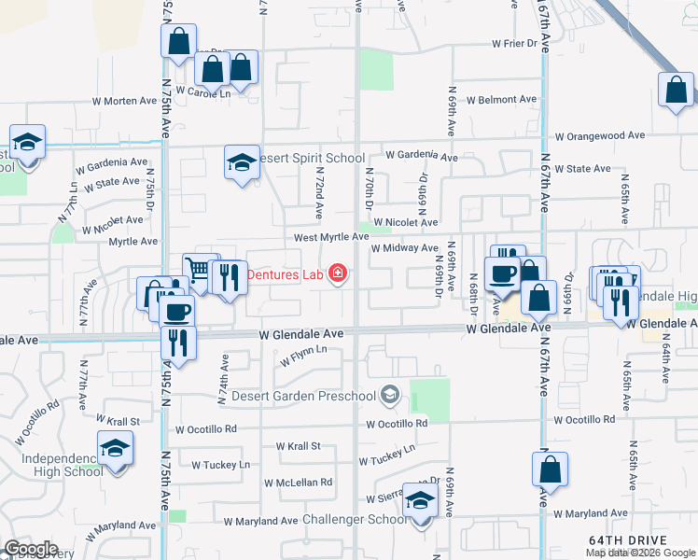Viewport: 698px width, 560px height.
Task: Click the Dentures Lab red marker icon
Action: (x=337, y=274)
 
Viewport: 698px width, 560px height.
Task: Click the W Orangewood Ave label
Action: (x=600, y=136)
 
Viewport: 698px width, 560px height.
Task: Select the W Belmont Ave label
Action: (x=501, y=99)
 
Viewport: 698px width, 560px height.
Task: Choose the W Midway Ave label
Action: (x=404, y=248)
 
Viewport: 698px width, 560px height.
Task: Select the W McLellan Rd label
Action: (x=298, y=483)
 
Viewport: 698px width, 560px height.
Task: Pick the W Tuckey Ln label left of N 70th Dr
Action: (x=221, y=464)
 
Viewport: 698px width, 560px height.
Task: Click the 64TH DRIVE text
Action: (x=627, y=540)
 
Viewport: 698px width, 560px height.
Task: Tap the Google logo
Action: (x=30, y=550)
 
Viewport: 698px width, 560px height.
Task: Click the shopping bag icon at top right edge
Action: (x=676, y=91)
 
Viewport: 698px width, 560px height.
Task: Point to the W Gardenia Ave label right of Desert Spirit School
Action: (x=421, y=156)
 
